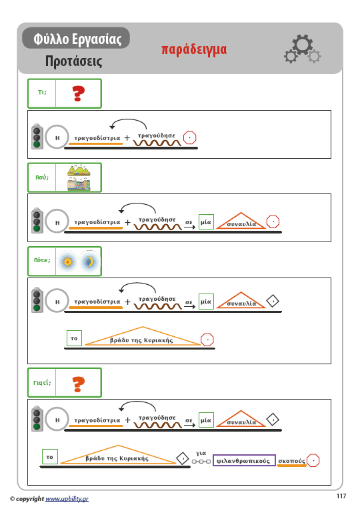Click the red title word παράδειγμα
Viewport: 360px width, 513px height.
coord(194,50)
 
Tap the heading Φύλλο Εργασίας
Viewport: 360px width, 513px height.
coord(77,39)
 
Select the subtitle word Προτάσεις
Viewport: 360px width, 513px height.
coord(73,61)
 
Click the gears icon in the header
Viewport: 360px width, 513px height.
coord(303,49)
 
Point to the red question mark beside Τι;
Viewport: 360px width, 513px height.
coord(78,93)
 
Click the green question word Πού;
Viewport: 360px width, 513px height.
coord(42,177)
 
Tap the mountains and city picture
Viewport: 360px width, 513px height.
coord(79,177)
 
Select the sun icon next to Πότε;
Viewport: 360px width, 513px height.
coord(67,262)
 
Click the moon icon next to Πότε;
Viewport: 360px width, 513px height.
coord(89,262)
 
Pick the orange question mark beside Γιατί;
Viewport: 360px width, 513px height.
coord(78,384)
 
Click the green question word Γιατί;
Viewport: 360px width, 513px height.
coord(42,382)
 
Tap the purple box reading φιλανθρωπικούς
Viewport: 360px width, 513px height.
coord(244,461)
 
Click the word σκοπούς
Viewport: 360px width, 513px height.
coord(291,461)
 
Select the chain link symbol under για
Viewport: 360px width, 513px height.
coord(201,462)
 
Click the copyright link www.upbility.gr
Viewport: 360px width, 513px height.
coord(67,499)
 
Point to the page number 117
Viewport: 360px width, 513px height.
coord(341,496)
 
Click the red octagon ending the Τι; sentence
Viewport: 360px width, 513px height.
coord(189,137)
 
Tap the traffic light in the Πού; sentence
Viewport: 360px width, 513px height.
coord(37,221)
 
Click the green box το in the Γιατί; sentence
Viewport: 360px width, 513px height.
coord(50,457)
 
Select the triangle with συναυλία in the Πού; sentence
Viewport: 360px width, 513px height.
coord(241,221)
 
